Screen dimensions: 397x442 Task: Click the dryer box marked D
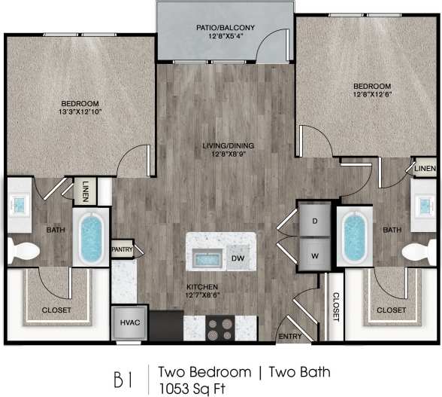pos(314,220)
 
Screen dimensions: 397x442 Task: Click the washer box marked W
pos(314,255)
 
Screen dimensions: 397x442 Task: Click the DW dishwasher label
pos(237,258)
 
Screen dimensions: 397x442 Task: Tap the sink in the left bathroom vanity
pos(18,202)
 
